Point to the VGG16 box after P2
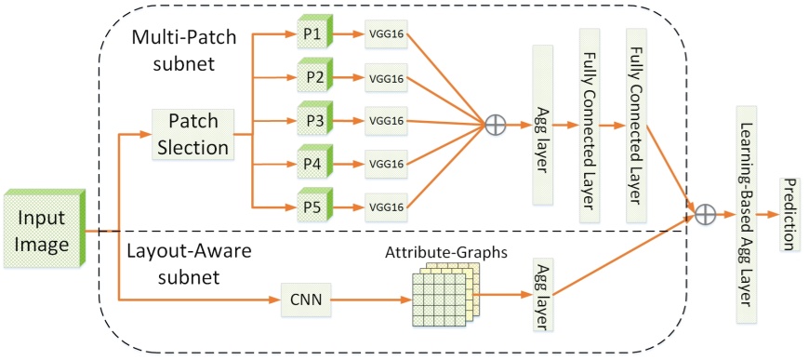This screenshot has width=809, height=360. [x=386, y=77]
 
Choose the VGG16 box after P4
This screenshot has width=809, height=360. [x=386, y=163]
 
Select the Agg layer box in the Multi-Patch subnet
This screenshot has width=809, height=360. [x=541, y=125]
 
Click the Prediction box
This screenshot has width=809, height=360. [x=789, y=215]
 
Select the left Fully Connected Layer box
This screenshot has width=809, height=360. [x=588, y=125]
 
